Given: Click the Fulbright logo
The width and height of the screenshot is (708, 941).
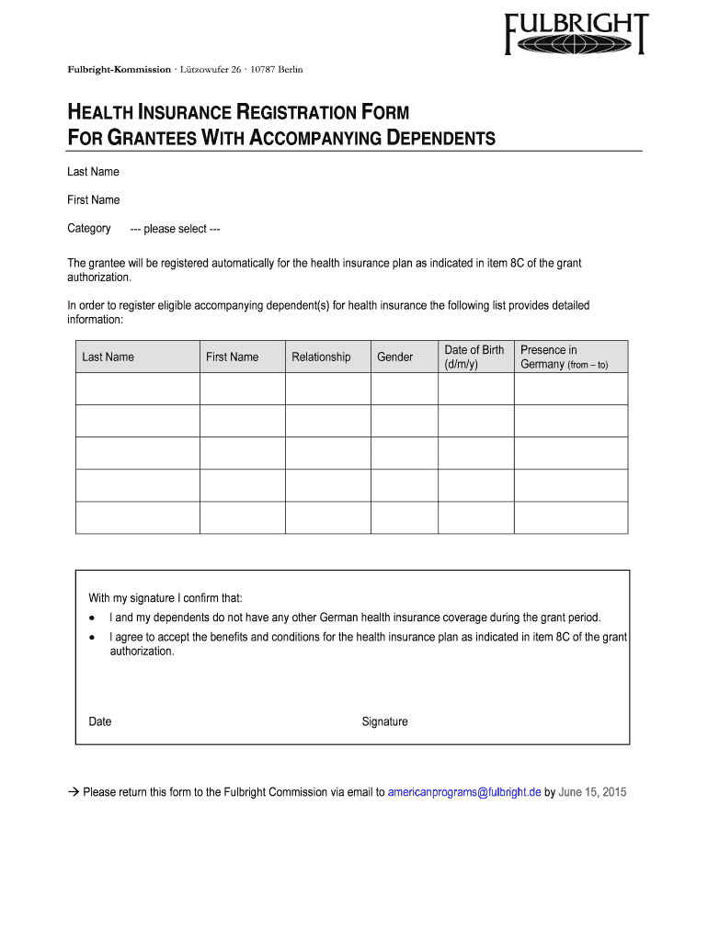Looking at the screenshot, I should pos(576,34).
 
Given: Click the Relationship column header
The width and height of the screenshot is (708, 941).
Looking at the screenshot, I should pos(321,357).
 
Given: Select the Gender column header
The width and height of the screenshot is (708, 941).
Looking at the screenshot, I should pos(394,357).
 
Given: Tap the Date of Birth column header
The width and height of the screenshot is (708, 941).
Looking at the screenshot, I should pos(474,357).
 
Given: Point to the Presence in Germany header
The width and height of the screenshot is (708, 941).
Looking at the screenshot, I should pos(564,357).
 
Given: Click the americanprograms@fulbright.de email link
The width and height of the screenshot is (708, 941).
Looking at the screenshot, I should pos(464,792).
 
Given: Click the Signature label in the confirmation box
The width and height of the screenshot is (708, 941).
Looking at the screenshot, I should pos(384,721).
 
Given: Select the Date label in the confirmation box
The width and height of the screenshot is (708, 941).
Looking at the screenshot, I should pos(100,721).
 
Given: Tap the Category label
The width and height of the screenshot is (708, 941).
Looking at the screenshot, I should pos(89,228).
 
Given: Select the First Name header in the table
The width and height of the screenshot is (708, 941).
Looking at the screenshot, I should pos(232,357).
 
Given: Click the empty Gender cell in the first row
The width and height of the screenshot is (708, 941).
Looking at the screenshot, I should pos(404,389).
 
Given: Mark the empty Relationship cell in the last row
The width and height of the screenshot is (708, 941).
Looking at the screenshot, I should pos(327,517).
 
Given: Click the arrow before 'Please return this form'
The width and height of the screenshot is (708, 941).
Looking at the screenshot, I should pos(74,792).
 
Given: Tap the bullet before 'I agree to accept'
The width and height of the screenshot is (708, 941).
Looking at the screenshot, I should pos(92,637).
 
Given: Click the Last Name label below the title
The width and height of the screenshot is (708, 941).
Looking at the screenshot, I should pos(93,172).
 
